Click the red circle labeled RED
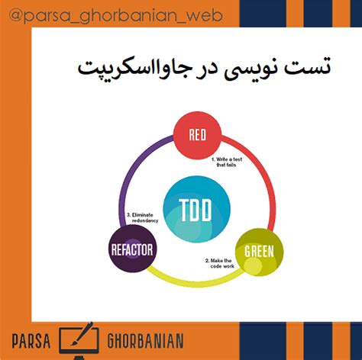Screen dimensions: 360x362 point(198,136)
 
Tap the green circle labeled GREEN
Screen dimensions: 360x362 point(258,250)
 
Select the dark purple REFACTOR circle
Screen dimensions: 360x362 point(132,249)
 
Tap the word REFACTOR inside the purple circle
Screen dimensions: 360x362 point(132,249)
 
